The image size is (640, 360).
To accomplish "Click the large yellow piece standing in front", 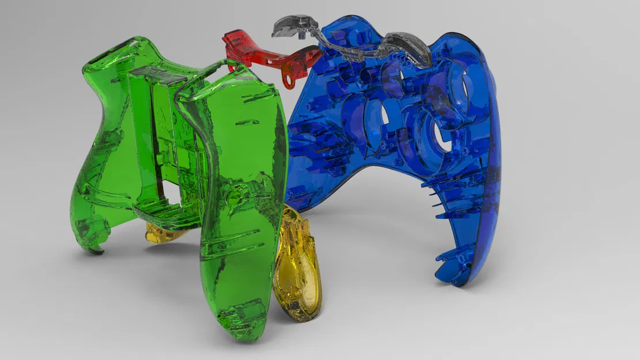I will click(x=297, y=265).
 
